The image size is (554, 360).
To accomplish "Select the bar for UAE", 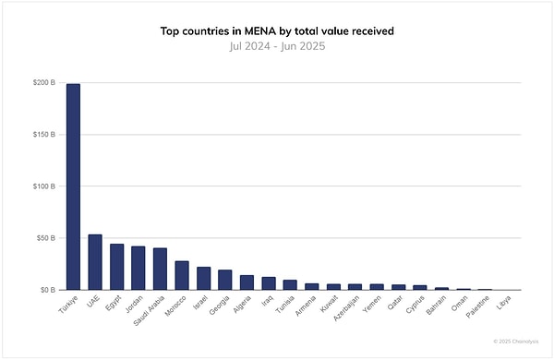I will pos(95,262).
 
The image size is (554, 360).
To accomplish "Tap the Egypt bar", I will pos(116,267).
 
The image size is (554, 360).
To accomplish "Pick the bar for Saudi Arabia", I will pos(160,269).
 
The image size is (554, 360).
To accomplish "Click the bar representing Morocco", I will pos(182,275).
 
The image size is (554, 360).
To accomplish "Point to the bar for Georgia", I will pos(225,280).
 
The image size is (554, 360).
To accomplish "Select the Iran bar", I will pos(269,283).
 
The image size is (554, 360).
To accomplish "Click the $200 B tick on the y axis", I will pos(43,83).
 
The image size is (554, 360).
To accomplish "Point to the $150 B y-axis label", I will pos(43,135).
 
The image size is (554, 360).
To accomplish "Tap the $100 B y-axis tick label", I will pos(43,186).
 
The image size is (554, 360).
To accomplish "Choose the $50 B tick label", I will pos(45,238).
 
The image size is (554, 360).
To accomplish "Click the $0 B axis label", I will pos(47,290).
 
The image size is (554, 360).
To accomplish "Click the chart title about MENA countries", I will pos(276,30).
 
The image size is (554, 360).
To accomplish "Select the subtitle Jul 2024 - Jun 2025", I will pos(276,45).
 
